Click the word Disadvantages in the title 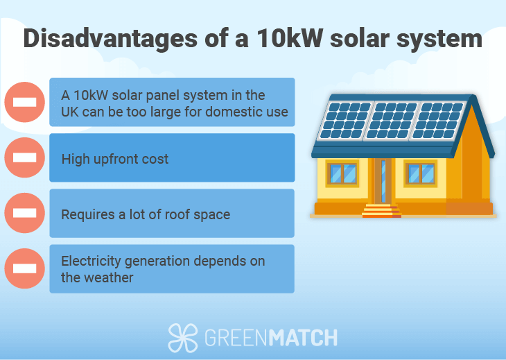[x=110, y=39]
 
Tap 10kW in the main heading [x=290, y=38]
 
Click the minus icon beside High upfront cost [x=24, y=157]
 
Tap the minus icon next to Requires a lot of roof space [x=24, y=213]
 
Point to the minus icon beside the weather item [x=24, y=268]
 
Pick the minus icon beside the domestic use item [x=24, y=102]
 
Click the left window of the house [x=342, y=173]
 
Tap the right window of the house [x=421, y=173]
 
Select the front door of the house [x=383, y=181]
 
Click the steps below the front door [x=381, y=211]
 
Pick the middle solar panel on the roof [x=391, y=121]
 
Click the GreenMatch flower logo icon [x=183, y=337]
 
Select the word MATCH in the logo [x=304, y=338]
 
